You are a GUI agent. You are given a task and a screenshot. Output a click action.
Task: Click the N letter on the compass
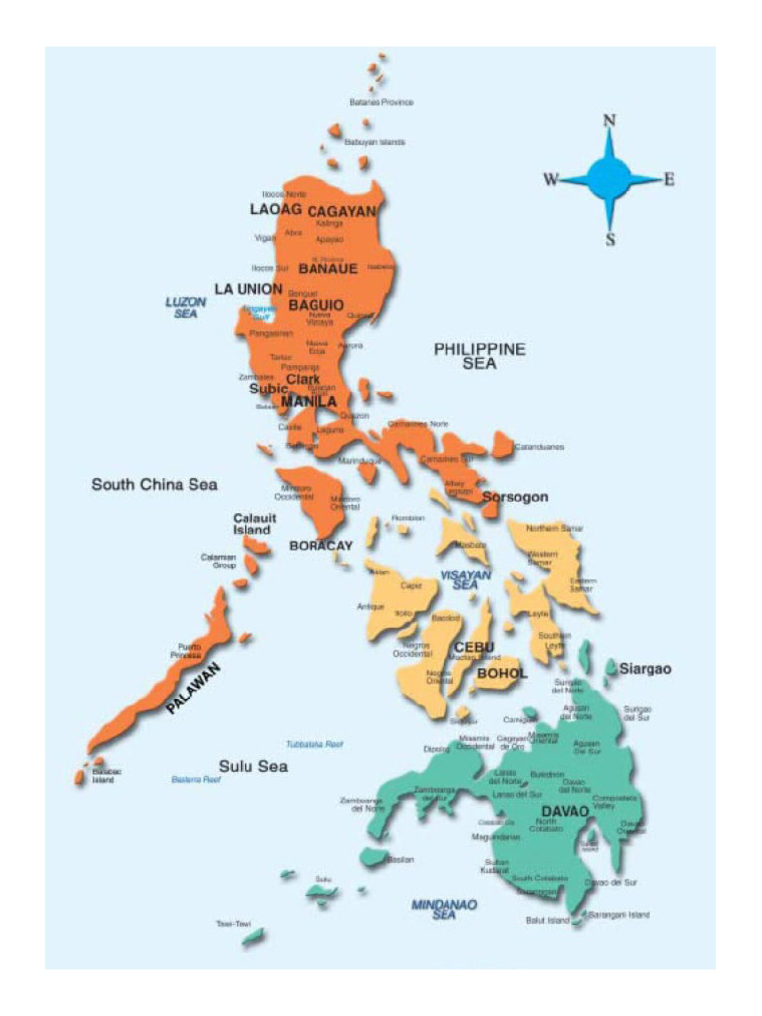click(610, 121)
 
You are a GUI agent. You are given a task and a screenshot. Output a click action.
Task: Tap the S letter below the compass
click(610, 239)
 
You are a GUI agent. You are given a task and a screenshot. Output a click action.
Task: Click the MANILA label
click(309, 402)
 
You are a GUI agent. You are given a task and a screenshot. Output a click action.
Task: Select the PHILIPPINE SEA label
click(479, 356)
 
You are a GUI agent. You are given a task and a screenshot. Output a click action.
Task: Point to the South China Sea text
click(155, 485)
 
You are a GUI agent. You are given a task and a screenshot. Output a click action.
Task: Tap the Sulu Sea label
click(253, 766)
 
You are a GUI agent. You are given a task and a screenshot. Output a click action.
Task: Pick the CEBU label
click(474, 648)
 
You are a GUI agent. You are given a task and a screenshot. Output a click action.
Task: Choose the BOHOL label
click(502, 673)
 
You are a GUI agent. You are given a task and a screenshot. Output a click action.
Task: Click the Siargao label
click(645, 669)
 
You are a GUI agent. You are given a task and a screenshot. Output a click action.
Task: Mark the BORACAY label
click(320, 545)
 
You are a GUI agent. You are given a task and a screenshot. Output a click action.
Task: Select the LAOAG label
click(275, 209)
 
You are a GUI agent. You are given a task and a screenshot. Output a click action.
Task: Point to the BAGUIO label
click(316, 305)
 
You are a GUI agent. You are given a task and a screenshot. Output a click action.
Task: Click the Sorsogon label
click(515, 496)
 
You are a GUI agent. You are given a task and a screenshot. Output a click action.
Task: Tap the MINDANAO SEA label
click(444, 909)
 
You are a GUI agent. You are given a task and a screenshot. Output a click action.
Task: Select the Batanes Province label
click(381, 102)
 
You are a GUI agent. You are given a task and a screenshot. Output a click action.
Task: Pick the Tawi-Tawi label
click(232, 923)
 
